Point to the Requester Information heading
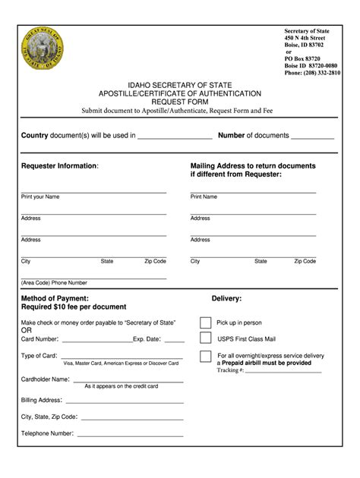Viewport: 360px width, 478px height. click(x=59, y=165)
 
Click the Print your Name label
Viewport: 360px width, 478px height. click(x=40, y=197)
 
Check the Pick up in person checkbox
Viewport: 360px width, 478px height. click(x=206, y=322)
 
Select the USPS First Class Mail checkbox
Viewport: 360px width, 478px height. click(x=206, y=339)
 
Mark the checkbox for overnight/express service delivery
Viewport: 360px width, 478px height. click(x=206, y=357)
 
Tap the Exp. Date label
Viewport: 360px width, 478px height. click(x=147, y=339)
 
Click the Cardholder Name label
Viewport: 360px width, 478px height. click(x=46, y=379)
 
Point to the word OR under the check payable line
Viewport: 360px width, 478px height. click(x=27, y=331)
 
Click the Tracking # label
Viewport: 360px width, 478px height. click(x=230, y=370)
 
